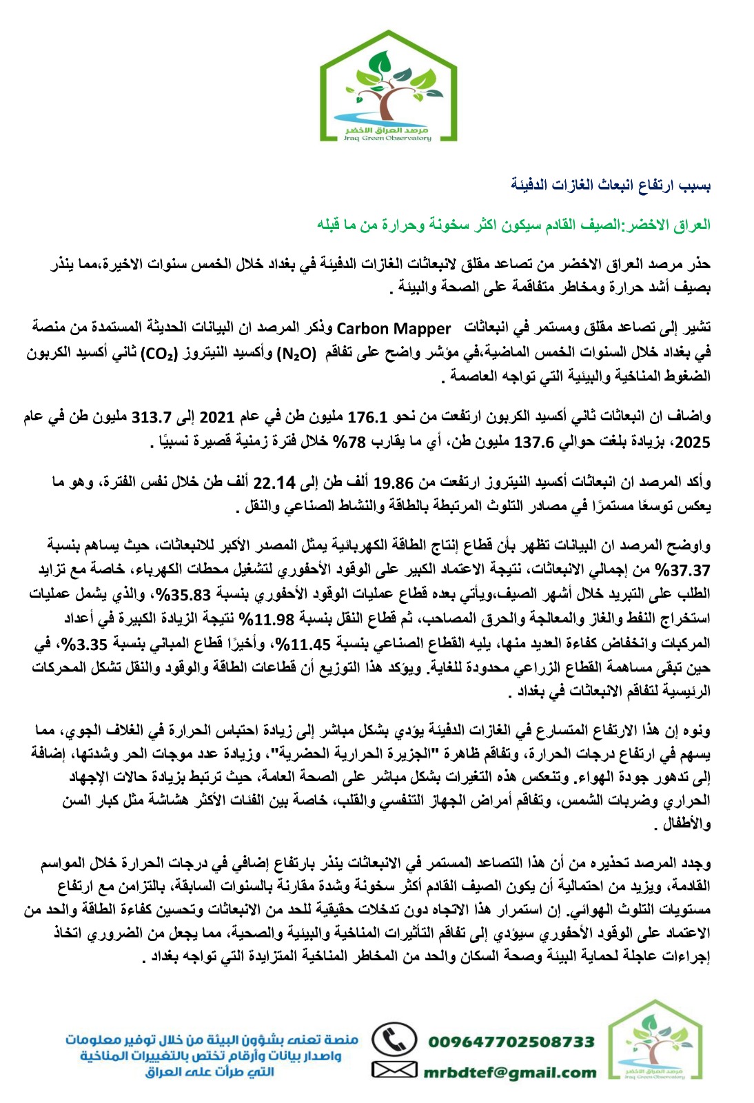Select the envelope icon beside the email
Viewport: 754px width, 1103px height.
(394, 1070)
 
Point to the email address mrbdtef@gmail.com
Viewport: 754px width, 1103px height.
(509, 1072)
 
